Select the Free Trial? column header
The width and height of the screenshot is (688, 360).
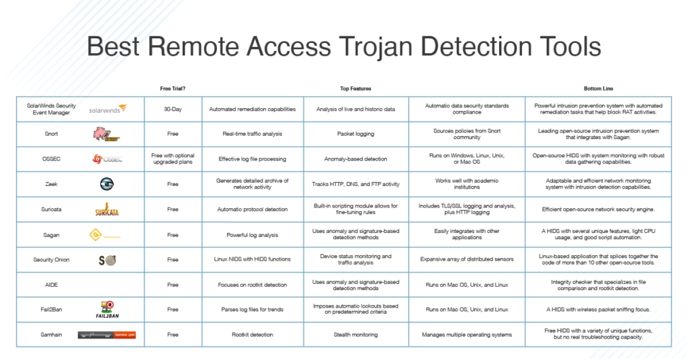click(x=173, y=88)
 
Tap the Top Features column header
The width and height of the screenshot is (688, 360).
click(x=355, y=88)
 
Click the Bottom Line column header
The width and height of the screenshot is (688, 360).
click(x=597, y=88)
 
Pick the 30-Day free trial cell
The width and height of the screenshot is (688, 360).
click(x=173, y=109)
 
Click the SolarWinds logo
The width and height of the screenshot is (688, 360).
click(x=107, y=109)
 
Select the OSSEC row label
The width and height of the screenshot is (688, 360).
click(x=52, y=159)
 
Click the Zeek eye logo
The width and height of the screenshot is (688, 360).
click(x=107, y=184)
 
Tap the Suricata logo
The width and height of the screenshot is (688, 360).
click(x=107, y=210)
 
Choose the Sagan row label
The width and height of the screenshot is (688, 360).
click(x=52, y=234)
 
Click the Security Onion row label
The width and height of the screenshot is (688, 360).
click(x=52, y=259)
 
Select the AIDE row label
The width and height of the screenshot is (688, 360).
click(x=52, y=284)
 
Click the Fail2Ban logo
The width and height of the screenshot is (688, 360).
click(x=107, y=309)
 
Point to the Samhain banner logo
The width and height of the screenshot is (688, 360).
click(x=107, y=334)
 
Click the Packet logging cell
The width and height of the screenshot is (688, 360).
click(x=355, y=134)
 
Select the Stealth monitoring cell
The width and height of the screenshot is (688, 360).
click(x=355, y=334)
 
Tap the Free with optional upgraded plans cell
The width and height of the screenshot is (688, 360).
click(x=173, y=159)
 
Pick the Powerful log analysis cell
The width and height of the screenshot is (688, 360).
click(x=253, y=234)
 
